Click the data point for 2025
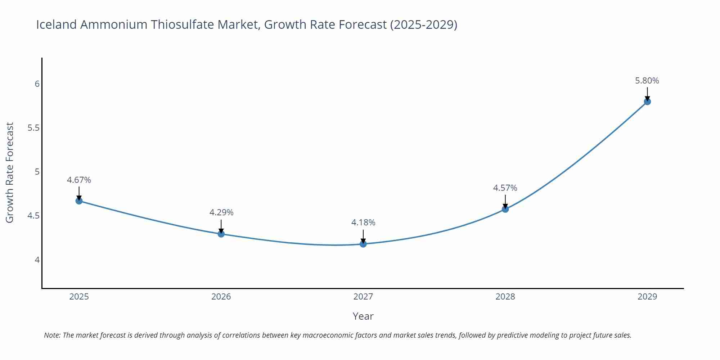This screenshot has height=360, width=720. [x=79, y=201]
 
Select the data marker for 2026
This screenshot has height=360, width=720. [x=221, y=234]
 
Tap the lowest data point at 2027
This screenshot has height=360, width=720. [x=363, y=244]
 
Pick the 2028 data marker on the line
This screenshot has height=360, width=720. [x=505, y=209]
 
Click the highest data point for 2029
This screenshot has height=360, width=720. [x=647, y=102]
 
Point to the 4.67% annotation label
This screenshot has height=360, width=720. [x=79, y=180]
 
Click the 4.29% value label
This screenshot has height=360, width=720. [x=221, y=212]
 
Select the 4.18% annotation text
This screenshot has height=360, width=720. [x=363, y=222]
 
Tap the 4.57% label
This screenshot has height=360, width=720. [x=505, y=188]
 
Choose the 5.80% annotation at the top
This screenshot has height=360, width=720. [x=647, y=81]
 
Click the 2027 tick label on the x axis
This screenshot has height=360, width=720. [x=363, y=297]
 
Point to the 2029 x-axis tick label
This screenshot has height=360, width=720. [x=647, y=297]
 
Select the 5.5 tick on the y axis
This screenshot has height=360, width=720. [x=33, y=128]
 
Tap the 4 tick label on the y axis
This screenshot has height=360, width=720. [x=37, y=260]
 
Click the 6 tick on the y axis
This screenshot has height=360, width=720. [x=37, y=84]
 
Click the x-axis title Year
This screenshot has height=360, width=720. [x=363, y=316]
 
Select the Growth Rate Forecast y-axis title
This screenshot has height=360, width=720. [x=10, y=172]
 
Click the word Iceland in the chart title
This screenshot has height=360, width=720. [x=56, y=24]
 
